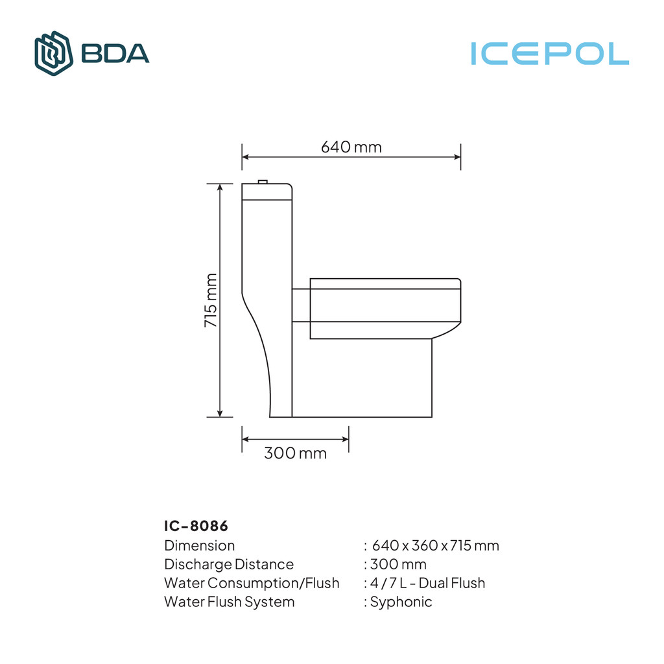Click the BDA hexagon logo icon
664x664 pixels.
tap(53, 53)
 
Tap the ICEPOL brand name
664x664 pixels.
tap(550, 54)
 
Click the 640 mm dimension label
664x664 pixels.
tap(351, 147)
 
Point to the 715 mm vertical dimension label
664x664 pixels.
tap(211, 300)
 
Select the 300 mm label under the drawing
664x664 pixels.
tap(295, 453)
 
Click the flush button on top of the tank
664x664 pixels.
tap(263, 182)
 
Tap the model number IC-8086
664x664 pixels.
tap(196, 525)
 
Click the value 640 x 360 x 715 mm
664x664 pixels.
tap(435, 545)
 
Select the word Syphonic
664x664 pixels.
tap(401, 602)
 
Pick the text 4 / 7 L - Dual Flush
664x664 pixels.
tap(427, 583)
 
